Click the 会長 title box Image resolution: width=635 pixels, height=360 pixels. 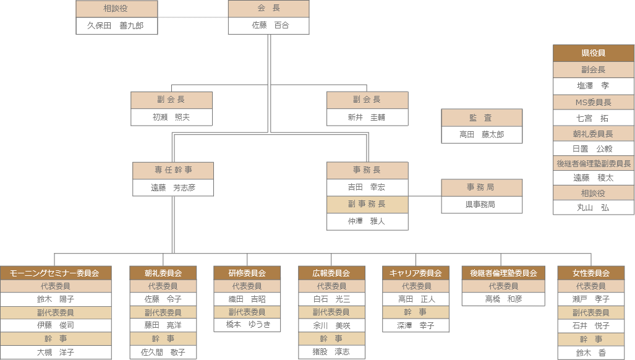tap(268, 9)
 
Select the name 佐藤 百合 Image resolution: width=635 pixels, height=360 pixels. tap(268, 25)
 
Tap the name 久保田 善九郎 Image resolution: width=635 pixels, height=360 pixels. tap(116, 25)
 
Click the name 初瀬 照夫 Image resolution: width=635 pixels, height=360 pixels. tap(171, 117)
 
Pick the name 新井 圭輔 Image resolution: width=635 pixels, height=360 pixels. tap(367, 117)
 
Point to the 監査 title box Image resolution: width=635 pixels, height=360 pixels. tap(482, 118)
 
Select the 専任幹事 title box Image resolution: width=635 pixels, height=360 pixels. tap(173, 171)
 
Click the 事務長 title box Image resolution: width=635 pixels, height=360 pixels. tap(367, 170)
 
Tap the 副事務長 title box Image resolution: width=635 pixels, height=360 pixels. tap(367, 204)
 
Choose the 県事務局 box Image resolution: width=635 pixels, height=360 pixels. tap(482, 204)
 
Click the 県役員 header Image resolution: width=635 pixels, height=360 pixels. tap(594, 53)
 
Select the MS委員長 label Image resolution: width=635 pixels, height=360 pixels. tap(594, 102)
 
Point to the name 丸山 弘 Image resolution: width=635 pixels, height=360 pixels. tap(594, 207)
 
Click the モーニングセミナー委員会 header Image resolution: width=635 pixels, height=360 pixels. tap(56, 273)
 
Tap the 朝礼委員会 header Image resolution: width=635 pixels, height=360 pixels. tap(163, 273)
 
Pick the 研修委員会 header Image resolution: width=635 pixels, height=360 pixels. tap(247, 273)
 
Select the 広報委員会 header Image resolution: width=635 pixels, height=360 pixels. tap(331, 273)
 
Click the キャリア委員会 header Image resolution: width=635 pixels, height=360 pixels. tap(416, 273)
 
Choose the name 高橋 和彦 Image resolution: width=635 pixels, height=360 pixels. tap(503, 299)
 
